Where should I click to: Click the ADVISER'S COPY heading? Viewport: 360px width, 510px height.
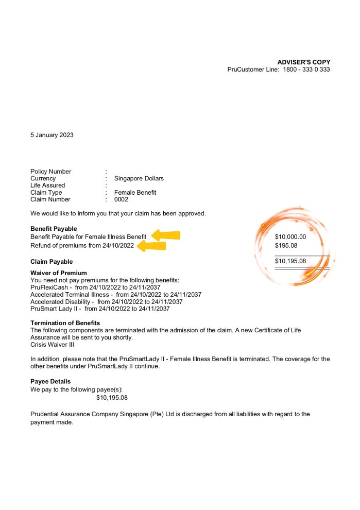(x=304, y=62)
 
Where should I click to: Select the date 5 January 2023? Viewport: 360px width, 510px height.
(x=52, y=135)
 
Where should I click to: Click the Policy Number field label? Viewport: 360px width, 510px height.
(x=50, y=172)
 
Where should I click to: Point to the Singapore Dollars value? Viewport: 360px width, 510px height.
(x=139, y=179)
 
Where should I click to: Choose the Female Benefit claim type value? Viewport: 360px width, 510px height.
(x=135, y=193)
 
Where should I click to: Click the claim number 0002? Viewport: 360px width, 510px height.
(x=121, y=199)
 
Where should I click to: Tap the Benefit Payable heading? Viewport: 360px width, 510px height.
(x=54, y=229)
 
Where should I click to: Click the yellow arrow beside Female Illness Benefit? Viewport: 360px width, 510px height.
(x=165, y=236)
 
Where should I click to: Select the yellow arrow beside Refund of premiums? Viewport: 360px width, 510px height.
(x=152, y=246)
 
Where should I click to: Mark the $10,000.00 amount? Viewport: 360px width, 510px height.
(x=290, y=237)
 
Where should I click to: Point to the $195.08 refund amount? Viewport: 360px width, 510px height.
(x=286, y=246)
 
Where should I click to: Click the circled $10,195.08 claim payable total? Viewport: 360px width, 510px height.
(x=290, y=261)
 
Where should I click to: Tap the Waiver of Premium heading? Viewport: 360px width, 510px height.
(x=58, y=273)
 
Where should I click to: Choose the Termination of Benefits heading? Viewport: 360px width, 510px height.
(x=65, y=323)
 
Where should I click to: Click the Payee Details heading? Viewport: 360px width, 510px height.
(x=50, y=382)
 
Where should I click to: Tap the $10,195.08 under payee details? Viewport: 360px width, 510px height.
(x=112, y=398)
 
